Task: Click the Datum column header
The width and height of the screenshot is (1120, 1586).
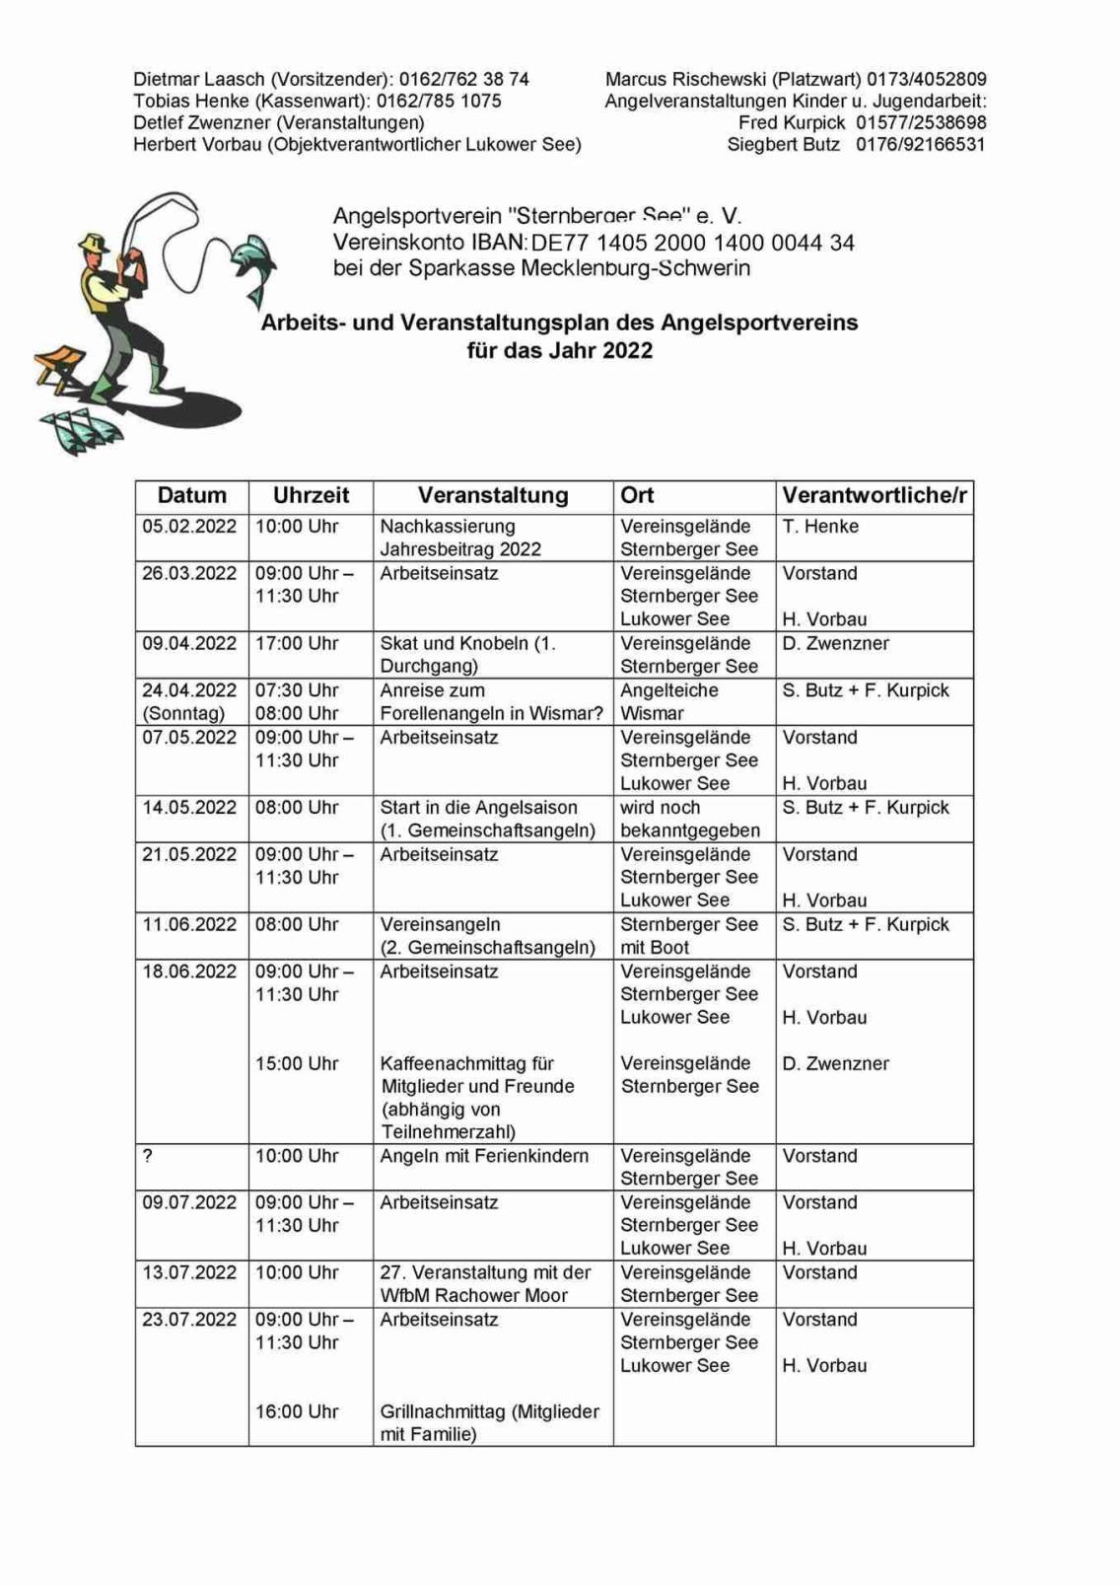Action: (x=191, y=496)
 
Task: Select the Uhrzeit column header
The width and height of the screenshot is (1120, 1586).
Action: (x=311, y=496)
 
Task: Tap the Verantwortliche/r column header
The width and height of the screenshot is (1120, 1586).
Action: (x=874, y=496)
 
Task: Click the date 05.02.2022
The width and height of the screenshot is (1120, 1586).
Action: (x=189, y=527)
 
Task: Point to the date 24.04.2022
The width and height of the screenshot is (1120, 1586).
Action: (x=189, y=690)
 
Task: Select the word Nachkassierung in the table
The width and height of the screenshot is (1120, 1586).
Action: (x=448, y=527)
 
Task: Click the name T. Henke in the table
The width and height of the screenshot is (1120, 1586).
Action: (x=820, y=527)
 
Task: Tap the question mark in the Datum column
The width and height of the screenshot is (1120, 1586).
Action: (x=148, y=1156)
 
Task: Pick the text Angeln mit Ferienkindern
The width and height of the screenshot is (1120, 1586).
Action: (x=484, y=1156)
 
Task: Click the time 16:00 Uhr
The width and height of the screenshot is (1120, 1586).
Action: (x=297, y=1412)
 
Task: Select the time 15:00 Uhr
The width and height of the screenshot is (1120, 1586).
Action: (x=297, y=1064)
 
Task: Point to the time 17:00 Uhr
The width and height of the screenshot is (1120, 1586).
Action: (x=297, y=644)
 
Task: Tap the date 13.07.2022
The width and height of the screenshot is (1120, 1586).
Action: (x=189, y=1273)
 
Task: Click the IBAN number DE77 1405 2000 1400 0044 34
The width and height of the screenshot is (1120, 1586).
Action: (x=692, y=244)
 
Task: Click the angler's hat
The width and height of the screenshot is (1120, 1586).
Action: (x=95, y=242)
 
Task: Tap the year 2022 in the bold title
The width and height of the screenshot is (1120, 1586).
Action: (x=627, y=351)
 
